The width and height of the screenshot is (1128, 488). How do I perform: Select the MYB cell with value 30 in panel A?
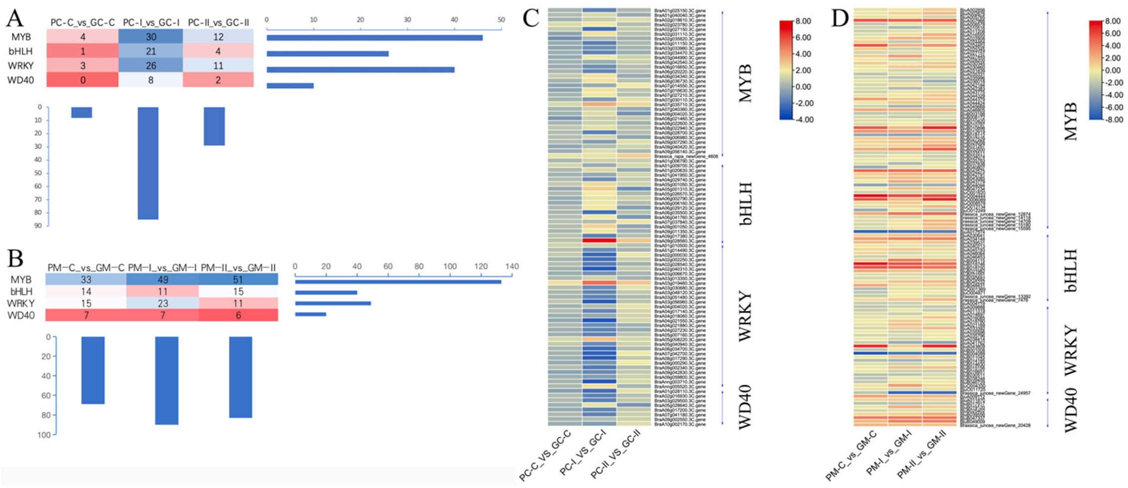[x=151, y=37]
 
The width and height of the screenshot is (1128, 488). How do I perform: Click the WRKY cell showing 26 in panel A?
[x=151, y=66]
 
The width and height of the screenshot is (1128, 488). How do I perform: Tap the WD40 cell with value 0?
[x=83, y=80]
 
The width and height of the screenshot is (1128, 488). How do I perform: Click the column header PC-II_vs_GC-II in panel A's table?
[x=218, y=22]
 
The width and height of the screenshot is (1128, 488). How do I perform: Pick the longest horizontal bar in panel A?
[x=374, y=38]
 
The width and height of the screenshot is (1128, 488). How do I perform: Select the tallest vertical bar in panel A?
[x=148, y=163]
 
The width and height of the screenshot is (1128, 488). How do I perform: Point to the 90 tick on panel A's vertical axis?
[x=38, y=226]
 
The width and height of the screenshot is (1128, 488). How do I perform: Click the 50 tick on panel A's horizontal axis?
[x=501, y=20]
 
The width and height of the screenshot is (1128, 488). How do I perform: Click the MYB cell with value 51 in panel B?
[x=238, y=279]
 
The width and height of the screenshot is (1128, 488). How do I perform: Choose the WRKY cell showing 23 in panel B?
[x=163, y=303]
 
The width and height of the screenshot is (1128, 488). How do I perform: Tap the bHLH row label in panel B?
[x=21, y=291]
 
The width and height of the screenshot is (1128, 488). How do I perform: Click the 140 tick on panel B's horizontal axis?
[x=512, y=266]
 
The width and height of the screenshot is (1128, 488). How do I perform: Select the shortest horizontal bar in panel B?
[x=310, y=314]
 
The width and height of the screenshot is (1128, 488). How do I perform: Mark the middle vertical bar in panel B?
[x=167, y=380]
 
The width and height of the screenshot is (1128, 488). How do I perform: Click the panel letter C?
[x=531, y=18]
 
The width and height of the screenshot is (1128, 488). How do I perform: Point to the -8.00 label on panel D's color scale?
[x=1113, y=120]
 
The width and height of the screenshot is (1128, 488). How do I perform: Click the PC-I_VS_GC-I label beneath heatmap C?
[x=582, y=454]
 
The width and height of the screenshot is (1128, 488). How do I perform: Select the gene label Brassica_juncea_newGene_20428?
[x=995, y=426]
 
